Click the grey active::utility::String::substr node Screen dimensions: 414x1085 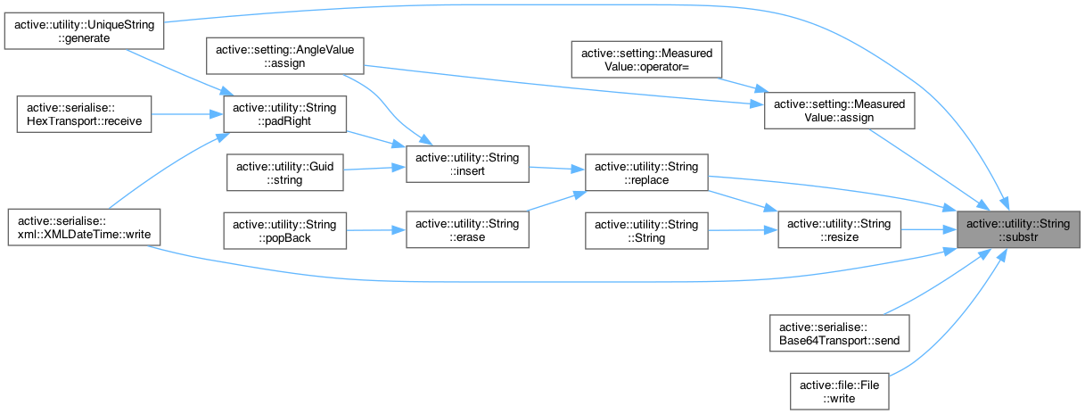click(1018, 229)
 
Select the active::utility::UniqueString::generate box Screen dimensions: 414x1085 click(86, 33)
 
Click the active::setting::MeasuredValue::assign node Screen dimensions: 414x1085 click(840, 112)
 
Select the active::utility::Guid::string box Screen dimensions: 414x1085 click(285, 172)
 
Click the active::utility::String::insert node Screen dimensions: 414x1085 click(467, 164)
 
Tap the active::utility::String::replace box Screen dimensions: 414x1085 click(646, 172)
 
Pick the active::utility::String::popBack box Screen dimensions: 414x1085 click(285, 229)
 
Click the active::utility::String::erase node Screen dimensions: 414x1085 click(467, 229)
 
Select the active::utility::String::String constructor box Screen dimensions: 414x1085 click(646, 229)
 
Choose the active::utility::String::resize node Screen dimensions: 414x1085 click(840, 229)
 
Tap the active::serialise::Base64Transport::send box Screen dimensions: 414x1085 click(840, 332)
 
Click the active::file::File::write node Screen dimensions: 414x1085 click(840, 390)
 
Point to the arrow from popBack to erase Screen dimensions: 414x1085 click(374, 229)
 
